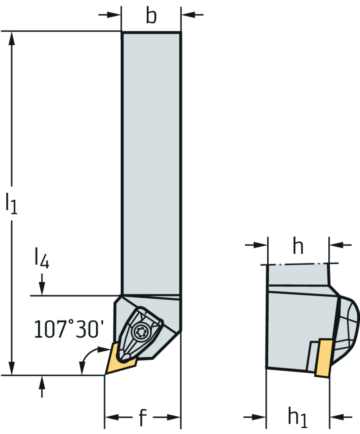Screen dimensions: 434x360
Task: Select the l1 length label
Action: [x=11, y=204]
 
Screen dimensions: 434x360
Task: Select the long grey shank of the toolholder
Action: [x=151, y=162]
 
